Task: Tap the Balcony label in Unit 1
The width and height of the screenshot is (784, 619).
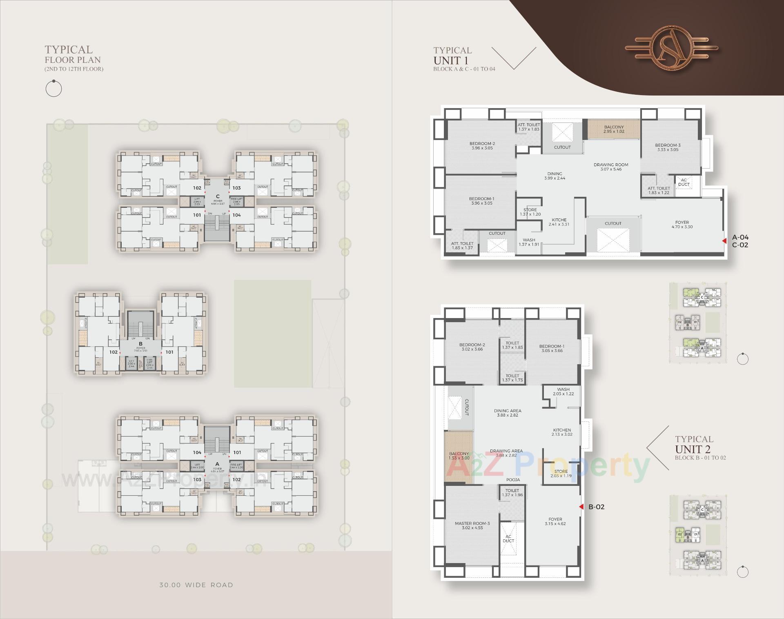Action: tap(614, 129)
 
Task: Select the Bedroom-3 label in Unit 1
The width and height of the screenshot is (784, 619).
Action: tap(668, 147)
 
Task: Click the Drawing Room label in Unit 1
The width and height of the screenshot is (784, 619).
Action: tap(611, 167)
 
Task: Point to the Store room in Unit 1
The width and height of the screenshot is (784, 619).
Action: tap(530, 212)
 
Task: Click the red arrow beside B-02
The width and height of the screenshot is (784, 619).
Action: tap(581, 507)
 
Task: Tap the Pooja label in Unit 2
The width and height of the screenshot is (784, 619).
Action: tap(513, 480)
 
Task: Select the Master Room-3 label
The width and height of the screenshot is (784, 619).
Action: tap(472, 525)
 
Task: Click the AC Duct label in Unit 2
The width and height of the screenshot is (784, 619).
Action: tap(508, 539)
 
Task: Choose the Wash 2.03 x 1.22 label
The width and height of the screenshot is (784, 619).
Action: tap(563, 392)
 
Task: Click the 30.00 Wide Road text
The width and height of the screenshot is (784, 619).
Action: tap(196, 585)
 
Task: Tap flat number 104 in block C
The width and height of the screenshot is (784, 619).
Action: tap(237, 215)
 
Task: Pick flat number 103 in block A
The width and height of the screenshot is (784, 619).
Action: tap(197, 479)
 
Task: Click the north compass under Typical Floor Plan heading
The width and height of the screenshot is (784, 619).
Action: tap(53, 89)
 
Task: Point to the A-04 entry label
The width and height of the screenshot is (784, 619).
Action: tap(740, 237)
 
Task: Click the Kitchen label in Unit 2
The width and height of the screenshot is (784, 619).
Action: tap(562, 432)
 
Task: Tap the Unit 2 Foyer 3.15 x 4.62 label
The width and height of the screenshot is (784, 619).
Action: tap(555, 521)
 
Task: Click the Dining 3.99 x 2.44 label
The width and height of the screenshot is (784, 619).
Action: tap(555, 176)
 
